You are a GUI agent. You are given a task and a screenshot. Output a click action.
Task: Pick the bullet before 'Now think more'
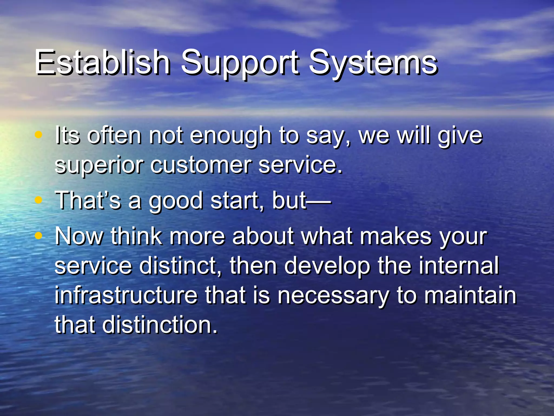[x=39, y=236]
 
